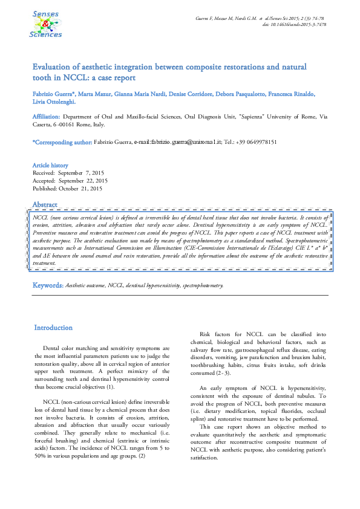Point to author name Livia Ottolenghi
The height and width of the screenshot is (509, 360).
click(x=54, y=102)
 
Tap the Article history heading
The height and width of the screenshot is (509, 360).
click(x=50, y=165)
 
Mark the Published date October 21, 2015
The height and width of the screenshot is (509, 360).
click(x=82, y=188)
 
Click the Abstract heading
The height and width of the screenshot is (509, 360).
click(x=45, y=204)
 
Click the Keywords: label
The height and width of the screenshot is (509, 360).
click(x=47, y=284)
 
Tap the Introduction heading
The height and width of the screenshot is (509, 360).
click(x=53, y=328)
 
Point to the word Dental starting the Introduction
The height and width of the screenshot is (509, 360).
click(x=53, y=348)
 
